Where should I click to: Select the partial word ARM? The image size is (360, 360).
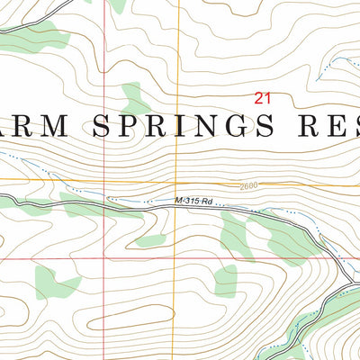(x=38, y=127)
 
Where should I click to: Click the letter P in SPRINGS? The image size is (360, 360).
(x=130, y=127)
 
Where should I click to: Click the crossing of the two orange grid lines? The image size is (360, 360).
(x=178, y=180)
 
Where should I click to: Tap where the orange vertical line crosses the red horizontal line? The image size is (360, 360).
(x=178, y=257)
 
